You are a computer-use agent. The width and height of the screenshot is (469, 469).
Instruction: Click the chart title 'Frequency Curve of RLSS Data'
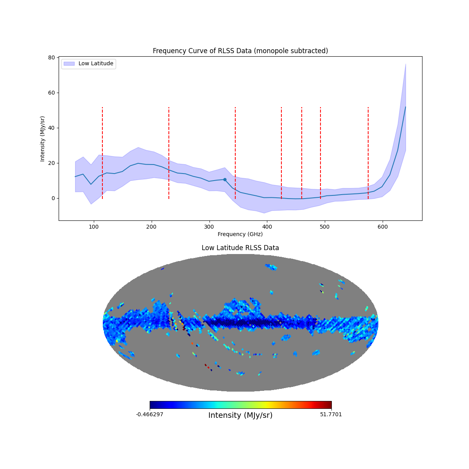click(x=240, y=51)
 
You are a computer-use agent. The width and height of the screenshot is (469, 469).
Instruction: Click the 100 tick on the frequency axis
click(x=94, y=226)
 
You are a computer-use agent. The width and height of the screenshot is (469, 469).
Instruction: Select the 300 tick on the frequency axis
click(x=209, y=226)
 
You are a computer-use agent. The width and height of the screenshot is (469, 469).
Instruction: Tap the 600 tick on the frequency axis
click(x=383, y=226)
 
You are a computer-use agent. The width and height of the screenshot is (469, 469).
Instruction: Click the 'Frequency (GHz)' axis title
click(x=240, y=234)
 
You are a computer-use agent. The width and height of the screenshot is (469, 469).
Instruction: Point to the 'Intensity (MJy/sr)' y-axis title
click(x=43, y=139)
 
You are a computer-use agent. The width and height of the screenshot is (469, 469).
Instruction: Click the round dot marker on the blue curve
click(x=225, y=179)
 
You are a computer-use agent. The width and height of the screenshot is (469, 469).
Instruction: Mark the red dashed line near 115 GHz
click(x=102, y=152)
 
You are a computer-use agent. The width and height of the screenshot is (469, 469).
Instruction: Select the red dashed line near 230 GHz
click(x=169, y=152)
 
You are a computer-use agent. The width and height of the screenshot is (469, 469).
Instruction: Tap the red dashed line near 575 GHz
click(x=368, y=152)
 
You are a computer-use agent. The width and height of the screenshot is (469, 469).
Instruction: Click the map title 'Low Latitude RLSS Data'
click(x=240, y=248)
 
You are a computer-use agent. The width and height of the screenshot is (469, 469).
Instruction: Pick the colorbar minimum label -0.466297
click(x=150, y=414)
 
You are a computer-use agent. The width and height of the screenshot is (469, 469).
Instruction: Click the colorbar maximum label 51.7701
click(x=331, y=414)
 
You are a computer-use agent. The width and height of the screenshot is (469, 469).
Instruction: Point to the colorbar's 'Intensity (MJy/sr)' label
click(x=240, y=415)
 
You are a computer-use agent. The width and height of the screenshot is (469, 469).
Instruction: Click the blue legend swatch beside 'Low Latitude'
click(x=69, y=64)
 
